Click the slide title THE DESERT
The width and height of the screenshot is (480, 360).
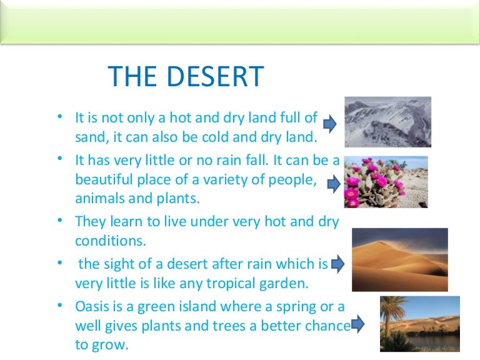click(186, 77)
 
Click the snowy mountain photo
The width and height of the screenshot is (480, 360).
click(387, 121)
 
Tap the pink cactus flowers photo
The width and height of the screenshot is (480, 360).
click(386, 182)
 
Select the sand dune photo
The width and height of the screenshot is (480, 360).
click(399, 259)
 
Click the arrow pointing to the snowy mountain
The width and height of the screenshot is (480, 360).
click(330, 123)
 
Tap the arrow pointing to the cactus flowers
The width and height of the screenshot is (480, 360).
click(333, 184)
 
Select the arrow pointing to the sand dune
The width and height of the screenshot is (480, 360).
click(337, 264)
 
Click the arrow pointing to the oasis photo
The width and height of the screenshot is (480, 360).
click(357, 324)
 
